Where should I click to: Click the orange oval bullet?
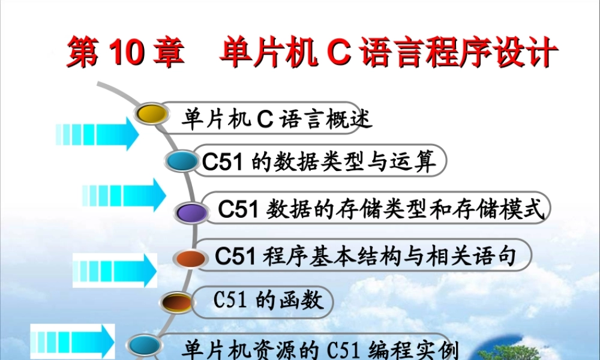pyautogui.click(x=190, y=258)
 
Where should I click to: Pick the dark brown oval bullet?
pyautogui.click(x=177, y=300)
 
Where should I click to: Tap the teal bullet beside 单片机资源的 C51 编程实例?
pyautogui.click(x=145, y=345)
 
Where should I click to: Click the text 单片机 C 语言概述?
pyautogui.click(x=277, y=119)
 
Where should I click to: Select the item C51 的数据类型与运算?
pyautogui.click(x=318, y=161)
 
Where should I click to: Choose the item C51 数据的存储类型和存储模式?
pyautogui.click(x=380, y=209)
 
